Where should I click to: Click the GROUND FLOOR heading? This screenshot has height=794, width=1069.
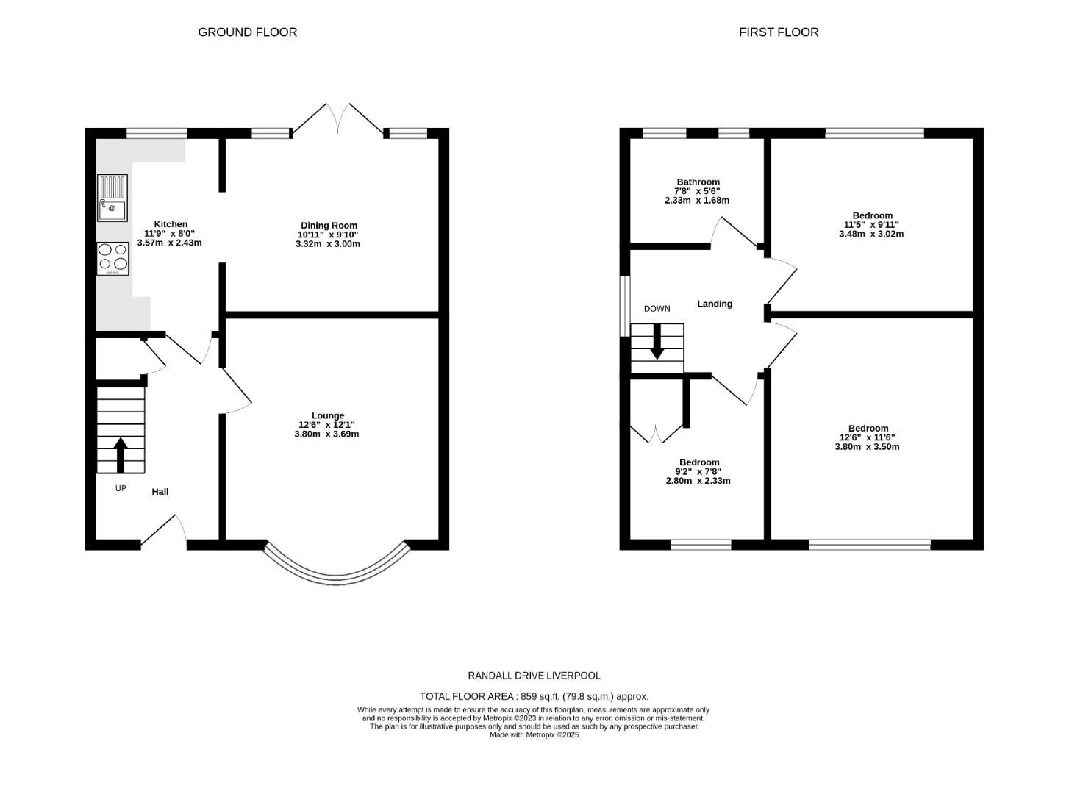(x=247, y=32)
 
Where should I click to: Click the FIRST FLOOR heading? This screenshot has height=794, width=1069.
(x=779, y=32)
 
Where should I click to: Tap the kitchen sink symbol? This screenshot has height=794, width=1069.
(x=112, y=198)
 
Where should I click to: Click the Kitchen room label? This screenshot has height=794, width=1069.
(x=170, y=224)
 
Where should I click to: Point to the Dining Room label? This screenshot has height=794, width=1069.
(x=329, y=226)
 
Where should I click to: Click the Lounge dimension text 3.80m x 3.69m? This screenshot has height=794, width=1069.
(x=326, y=434)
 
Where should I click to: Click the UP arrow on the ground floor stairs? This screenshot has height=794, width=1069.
(x=120, y=454)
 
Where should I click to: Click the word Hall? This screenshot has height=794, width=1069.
(x=160, y=491)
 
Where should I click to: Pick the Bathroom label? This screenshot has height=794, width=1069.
(x=698, y=182)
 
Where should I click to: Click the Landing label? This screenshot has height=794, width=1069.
(x=714, y=304)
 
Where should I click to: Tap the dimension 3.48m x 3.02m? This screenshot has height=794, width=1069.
(x=871, y=235)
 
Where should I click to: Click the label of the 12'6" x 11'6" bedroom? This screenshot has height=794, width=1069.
(x=868, y=428)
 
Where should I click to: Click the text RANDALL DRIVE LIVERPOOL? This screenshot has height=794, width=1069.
(x=534, y=675)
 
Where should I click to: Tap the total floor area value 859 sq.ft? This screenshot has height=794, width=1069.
(x=540, y=696)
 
